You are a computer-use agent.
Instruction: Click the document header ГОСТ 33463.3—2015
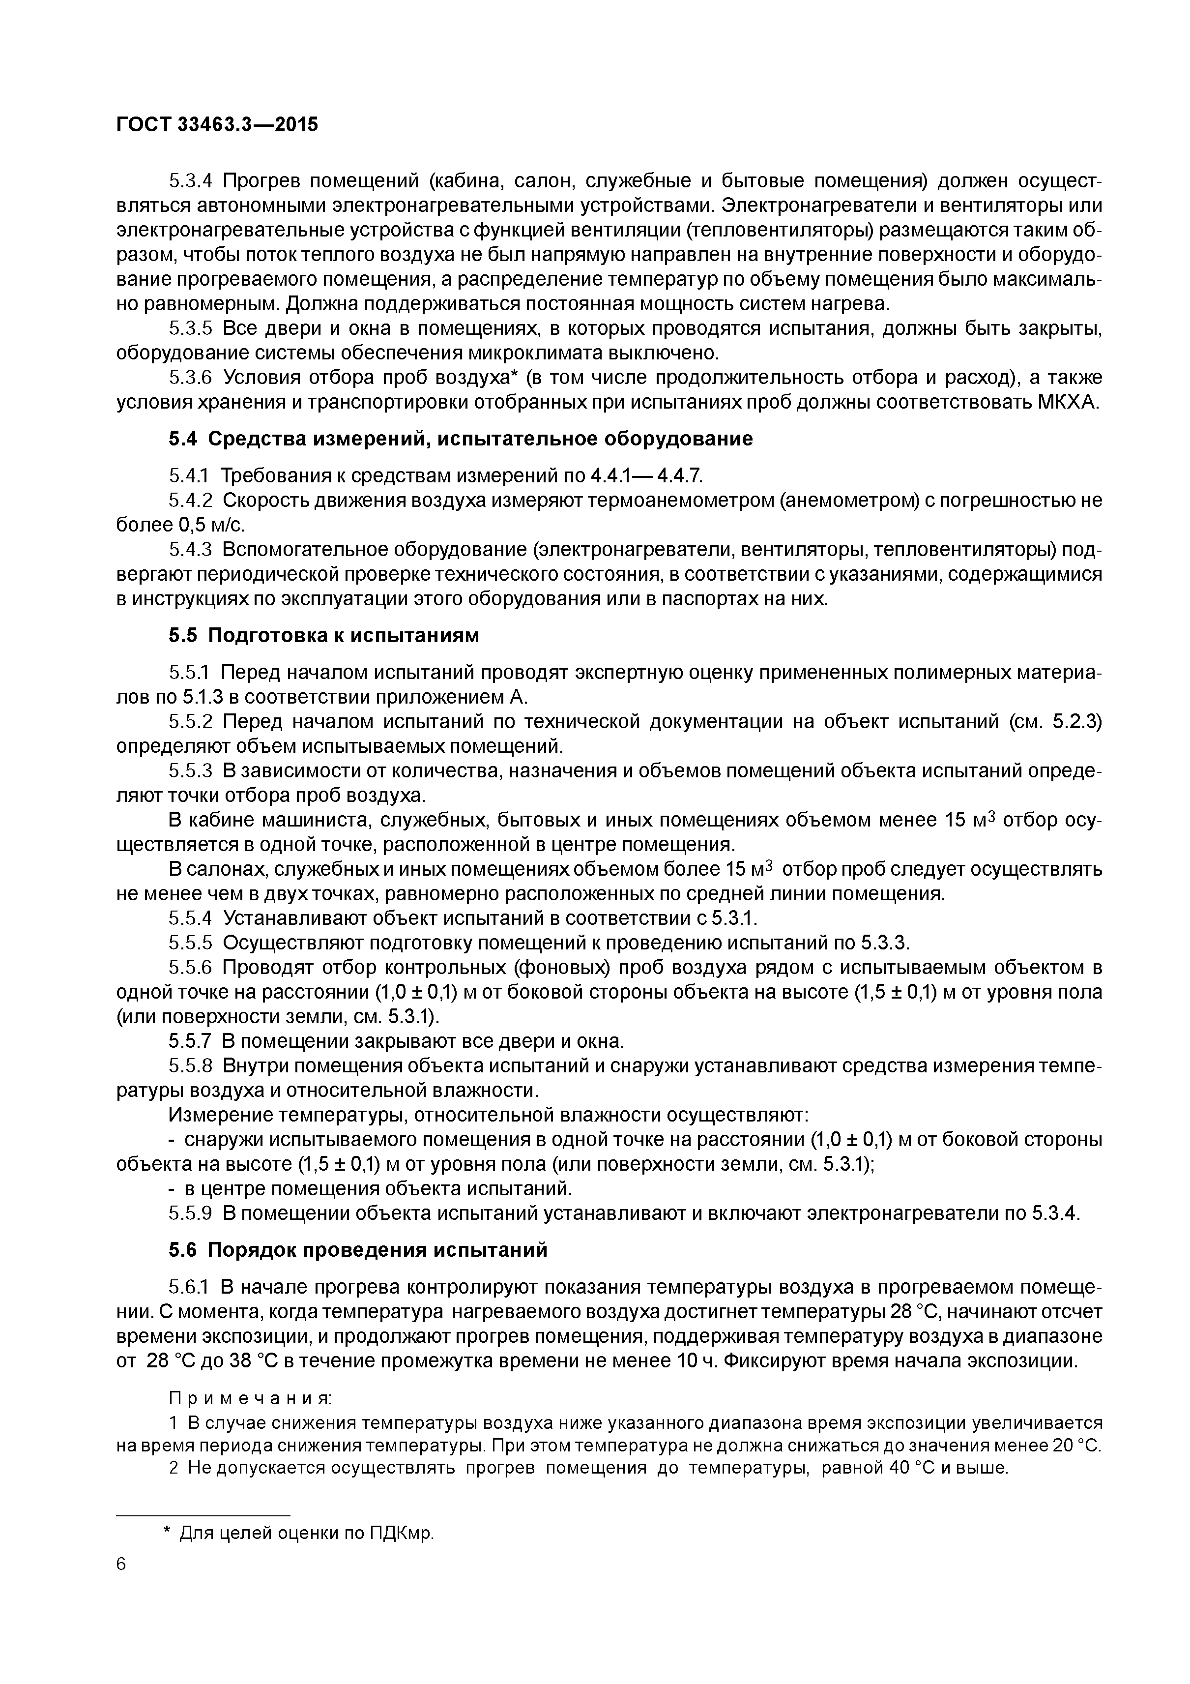pos(217,125)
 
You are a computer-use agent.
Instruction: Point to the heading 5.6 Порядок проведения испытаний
pos(358,1249)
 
